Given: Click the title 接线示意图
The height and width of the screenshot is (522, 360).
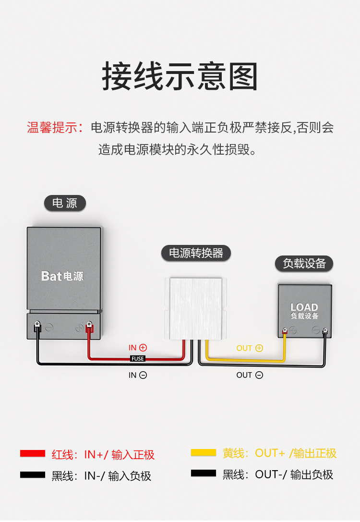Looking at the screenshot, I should pyautogui.click(x=180, y=77).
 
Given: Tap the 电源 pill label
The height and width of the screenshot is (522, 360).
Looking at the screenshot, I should pyautogui.click(x=65, y=203).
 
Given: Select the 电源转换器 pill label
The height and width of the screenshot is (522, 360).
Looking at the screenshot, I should pyautogui.click(x=196, y=253).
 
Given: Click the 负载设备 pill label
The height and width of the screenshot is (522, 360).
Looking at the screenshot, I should pyautogui.click(x=304, y=264).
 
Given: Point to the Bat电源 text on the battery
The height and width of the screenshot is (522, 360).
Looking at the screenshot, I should pyautogui.click(x=62, y=276).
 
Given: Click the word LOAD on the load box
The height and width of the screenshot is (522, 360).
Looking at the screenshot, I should pyautogui.click(x=304, y=307).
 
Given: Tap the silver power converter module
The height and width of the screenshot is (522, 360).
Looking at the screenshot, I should pyautogui.click(x=195, y=308).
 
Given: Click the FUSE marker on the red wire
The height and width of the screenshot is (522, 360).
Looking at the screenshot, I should pyautogui.click(x=137, y=359).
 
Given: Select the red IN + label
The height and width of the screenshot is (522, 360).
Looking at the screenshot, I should pyautogui.click(x=137, y=348).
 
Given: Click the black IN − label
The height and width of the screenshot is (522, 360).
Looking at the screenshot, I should pyautogui.click(x=137, y=375).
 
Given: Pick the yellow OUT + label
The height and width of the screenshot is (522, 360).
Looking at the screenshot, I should pyautogui.click(x=250, y=348).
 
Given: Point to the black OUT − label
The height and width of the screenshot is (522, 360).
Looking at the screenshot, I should pyautogui.click(x=250, y=375).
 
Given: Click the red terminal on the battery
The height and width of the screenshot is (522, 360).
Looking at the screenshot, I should pyautogui.click(x=88, y=328).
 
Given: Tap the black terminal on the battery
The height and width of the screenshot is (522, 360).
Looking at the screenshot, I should pyautogui.click(x=37, y=328).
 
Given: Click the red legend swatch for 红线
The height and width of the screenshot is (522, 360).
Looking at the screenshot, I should pyautogui.click(x=32, y=454).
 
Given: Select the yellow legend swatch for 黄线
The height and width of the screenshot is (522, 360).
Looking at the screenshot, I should pyautogui.click(x=203, y=453).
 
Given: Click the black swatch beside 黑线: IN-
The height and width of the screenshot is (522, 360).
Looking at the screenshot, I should pyautogui.click(x=32, y=475).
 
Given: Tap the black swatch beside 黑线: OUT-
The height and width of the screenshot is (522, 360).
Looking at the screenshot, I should pyautogui.click(x=203, y=473).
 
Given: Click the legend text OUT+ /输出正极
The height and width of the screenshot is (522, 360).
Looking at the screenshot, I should pyautogui.click(x=296, y=453).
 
